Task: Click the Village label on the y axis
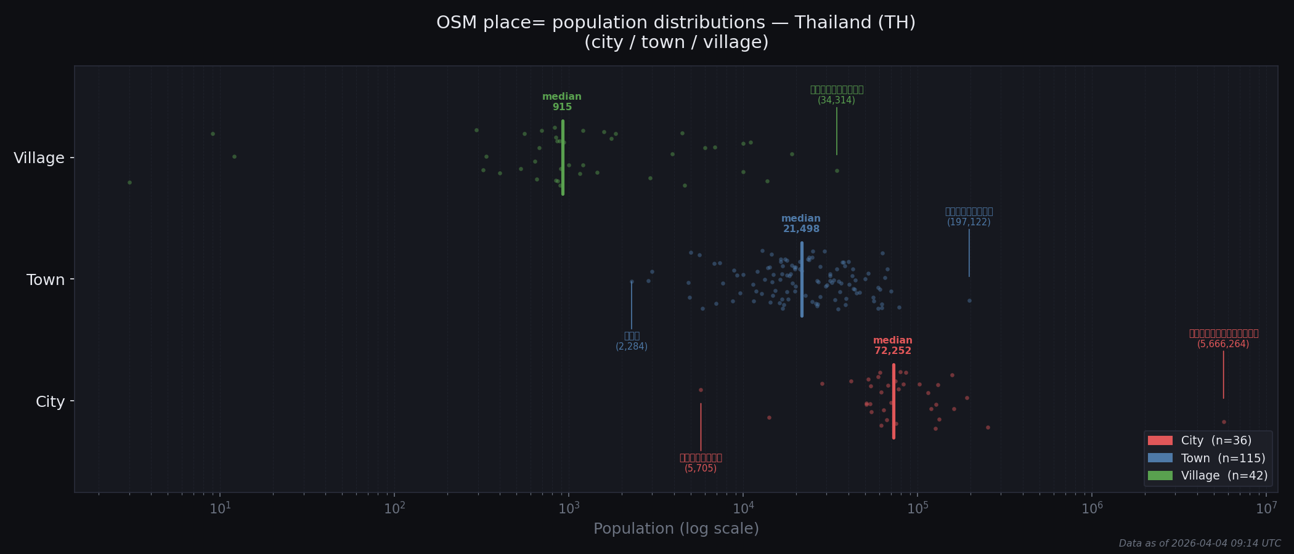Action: (39, 158)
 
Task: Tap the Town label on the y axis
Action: (45, 280)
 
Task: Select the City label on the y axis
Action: (50, 402)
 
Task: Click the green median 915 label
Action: (562, 102)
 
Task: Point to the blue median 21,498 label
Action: (801, 224)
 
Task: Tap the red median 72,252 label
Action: (893, 346)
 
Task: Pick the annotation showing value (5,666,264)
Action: (1223, 344)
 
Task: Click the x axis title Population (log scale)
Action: (676, 529)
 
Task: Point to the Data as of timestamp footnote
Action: (1199, 544)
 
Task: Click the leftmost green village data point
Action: (129, 182)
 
